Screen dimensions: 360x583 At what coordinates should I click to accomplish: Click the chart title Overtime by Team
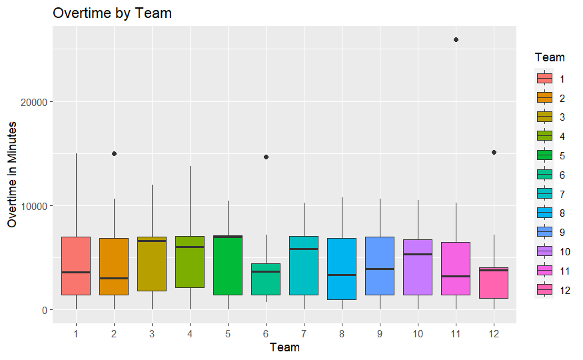tap(112, 13)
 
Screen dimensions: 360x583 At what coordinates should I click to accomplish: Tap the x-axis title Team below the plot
tap(285, 347)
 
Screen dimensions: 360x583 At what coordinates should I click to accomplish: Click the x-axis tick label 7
tap(304, 332)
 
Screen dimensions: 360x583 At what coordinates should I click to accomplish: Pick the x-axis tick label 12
tap(494, 332)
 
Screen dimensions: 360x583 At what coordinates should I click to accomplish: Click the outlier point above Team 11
tap(456, 40)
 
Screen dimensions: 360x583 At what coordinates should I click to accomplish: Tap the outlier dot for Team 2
tap(114, 153)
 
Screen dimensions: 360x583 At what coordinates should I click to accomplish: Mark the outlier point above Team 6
tap(266, 157)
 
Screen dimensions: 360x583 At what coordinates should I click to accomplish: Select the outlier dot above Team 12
tap(494, 152)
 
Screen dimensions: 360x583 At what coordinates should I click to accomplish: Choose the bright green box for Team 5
tap(228, 267)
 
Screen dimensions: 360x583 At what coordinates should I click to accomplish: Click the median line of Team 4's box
tap(190, 247)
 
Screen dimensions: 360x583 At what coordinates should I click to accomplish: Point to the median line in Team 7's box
tap(304, 249)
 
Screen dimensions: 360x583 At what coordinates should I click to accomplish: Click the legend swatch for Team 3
tap(545, 117)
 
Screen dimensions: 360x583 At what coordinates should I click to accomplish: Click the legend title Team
tap(550, 58)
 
